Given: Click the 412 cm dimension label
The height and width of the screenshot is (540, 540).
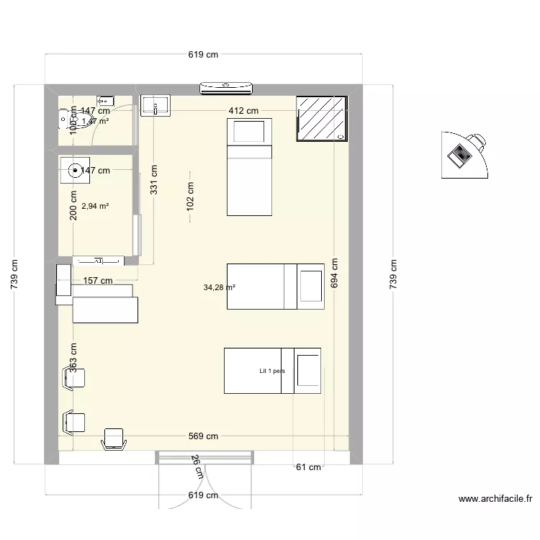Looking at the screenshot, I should [x=243, y=111].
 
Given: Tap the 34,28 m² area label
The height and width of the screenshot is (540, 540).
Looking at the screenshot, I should [x=220, y=287].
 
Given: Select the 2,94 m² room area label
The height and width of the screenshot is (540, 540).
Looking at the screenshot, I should [x=95, y=206].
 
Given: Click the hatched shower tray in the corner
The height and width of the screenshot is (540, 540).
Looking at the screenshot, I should [x=322, y=118].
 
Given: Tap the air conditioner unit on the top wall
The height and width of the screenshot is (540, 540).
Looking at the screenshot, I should [x=226, y=88].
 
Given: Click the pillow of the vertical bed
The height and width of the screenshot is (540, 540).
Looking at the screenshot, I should [x=249, y=132].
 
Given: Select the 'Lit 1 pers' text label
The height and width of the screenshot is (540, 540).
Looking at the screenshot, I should [x=272, y=372].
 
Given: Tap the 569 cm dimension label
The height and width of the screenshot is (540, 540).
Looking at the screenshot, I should [x=203, y=436].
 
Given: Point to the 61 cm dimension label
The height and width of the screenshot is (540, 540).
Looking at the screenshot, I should [x=309, y=467].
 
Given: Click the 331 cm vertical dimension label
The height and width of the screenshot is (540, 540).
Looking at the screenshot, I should [x=154, y=183].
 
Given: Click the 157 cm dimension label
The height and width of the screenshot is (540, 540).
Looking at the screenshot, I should [x=98, y=281].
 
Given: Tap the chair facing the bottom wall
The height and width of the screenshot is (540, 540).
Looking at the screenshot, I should [x=114, y=438].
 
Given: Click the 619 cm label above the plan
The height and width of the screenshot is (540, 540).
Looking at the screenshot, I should [x=203, y=55].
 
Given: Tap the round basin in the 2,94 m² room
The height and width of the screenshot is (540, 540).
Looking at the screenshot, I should [x=75, y=171].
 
